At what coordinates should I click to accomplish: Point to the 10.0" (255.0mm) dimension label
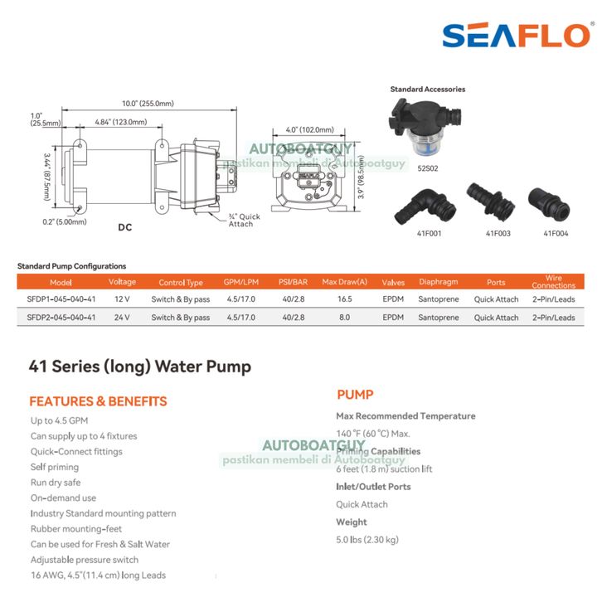pyautogui.click(x=148, y=104)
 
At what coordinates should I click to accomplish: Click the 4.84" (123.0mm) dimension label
pyautogui.click(x=120, y=122)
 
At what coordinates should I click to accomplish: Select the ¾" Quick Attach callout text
pyautogui.click(x=245, y=221)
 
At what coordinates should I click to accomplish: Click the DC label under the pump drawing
pyautogui.click(x=125, y=227)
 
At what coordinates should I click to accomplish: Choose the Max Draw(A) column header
pyautogui.click(x=344, y=283)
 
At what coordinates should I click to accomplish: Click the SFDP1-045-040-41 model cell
pyautogui.click(x=61, y=299)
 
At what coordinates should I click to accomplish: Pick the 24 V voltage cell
pyautogui.click(x=122, y=318)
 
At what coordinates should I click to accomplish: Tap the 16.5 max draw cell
pyautogui.click(x=344, y=299)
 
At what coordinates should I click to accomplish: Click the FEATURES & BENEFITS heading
pyautogui.click(x=98, y=401)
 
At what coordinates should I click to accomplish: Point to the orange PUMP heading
pyautogui.click(x=355, y=395)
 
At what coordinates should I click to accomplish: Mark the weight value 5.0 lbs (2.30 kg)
pyautogui.click(x=367, y=540)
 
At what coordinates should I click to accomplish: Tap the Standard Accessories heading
pyautogui.click(x=427, y=90)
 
